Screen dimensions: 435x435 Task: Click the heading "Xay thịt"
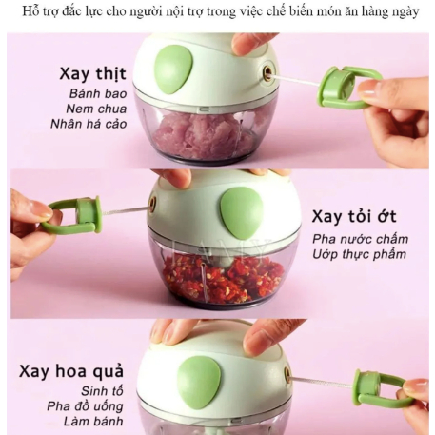92,74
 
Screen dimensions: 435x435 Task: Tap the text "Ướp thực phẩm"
360,254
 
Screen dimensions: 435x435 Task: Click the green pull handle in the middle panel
74,214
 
